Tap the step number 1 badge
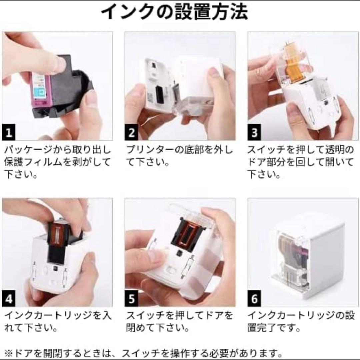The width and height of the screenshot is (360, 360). (9, 133)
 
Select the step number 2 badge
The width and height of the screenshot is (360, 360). (132, 133)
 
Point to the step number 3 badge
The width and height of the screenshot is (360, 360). (254, 133)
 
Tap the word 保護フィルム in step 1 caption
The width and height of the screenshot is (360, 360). (33, 162)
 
